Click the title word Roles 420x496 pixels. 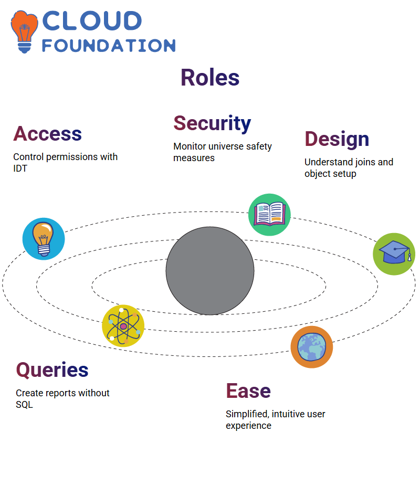[x=210, y=78]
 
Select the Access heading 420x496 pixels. [x=47, y=133]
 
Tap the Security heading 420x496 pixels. [x=212, y=123]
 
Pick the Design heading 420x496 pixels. [x=337, y=139]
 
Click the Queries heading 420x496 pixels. [x=52, y=370]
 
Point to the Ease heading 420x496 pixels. [x=248, y=391]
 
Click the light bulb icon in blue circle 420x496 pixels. [x=44, y=239]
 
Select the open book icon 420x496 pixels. [x=269, y=215]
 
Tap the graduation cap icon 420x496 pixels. [x=394, y=254]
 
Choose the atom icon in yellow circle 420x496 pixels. [x=123, y=326]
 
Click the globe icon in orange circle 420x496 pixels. [x=312, y=347]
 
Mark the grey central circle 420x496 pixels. [x=210, y=271]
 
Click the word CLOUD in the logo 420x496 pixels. [x=92, y=21]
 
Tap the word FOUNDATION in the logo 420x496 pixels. [x=109, y=46]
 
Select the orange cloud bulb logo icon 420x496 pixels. [x=24, y=31]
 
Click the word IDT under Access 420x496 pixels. [x=20, y=168]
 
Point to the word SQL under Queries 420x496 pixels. [x=24, y=405]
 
